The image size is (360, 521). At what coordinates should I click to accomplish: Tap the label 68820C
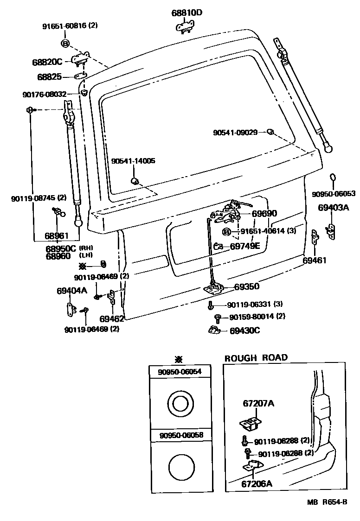[x=47, y=62]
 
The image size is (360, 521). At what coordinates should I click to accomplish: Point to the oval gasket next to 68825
[x=80, y=76]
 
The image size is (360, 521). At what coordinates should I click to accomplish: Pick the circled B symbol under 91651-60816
[x=65, y=44]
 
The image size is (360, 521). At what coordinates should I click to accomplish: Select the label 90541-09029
[x=235, y=132]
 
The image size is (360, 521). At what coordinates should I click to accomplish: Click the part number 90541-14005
[x=133, y=161]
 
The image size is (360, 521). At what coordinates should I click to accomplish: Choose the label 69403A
[x=333, y=208]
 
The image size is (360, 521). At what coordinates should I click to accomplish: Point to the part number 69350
[x=246, y=287]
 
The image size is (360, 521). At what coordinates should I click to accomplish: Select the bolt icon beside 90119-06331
[x=211, y=305]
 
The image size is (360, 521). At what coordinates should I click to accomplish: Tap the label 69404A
[x=72, y=291]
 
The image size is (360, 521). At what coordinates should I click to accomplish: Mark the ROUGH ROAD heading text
[x=256, y=357]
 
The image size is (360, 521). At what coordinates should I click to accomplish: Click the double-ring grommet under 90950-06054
[x=179, y=403]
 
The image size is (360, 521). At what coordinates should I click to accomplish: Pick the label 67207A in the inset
[x=258, y=403]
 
